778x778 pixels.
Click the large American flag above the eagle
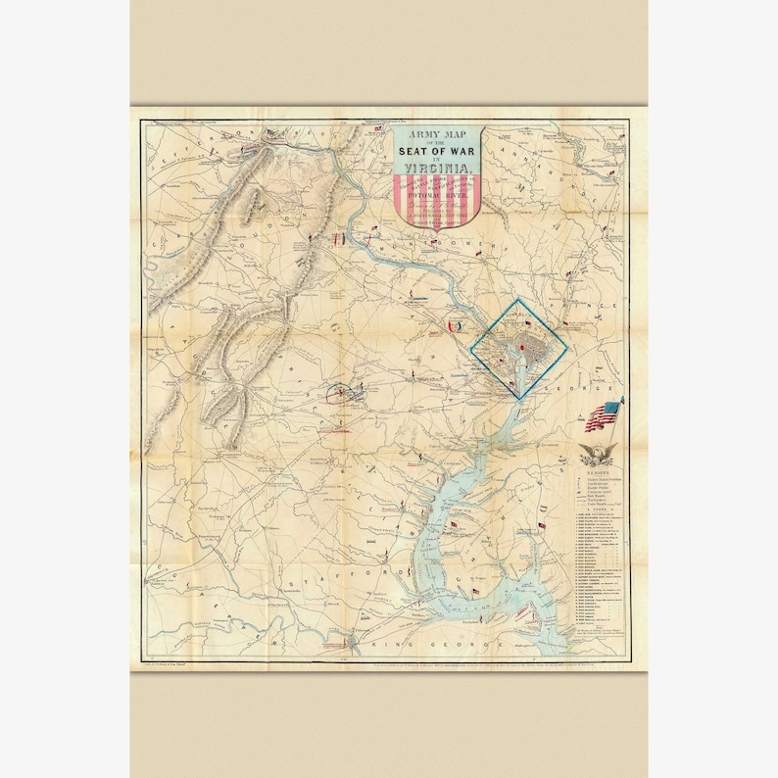pos(603,415)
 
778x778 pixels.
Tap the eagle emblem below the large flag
pos(597,453)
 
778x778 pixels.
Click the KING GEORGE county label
pos(452,650)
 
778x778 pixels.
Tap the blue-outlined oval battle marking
pos(339,392)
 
